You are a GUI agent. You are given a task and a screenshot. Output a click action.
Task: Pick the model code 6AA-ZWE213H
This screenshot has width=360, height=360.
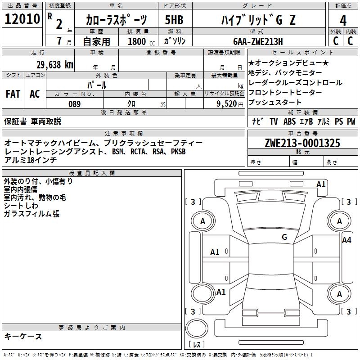click(258, 41)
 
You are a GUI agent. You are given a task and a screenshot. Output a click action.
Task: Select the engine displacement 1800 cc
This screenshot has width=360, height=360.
click(137, 41)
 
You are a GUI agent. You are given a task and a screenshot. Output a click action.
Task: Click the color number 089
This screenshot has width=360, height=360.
click(74, 104)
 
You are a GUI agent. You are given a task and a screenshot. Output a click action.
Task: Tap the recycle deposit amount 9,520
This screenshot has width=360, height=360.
click(226, 104)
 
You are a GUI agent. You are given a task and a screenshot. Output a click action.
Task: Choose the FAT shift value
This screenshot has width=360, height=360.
click(13, 94)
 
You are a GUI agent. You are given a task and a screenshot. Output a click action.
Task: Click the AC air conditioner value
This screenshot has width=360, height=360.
click(35, 94)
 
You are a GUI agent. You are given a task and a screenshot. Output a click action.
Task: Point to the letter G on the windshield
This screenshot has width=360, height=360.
click(284, 237)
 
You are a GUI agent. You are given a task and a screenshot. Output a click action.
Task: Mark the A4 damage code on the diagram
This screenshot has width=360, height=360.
click(346, 240)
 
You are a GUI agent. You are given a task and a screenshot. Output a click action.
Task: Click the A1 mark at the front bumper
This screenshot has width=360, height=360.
click(321, 184)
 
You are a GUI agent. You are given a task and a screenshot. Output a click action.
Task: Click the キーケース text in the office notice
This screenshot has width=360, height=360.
click(23, 336)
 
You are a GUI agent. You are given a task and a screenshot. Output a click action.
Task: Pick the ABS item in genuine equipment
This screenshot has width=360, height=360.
click(289, 121)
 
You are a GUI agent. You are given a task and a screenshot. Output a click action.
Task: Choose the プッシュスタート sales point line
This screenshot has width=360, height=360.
click(275, 102)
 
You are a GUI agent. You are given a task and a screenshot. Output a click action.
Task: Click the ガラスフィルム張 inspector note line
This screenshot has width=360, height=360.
click(31, 214)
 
